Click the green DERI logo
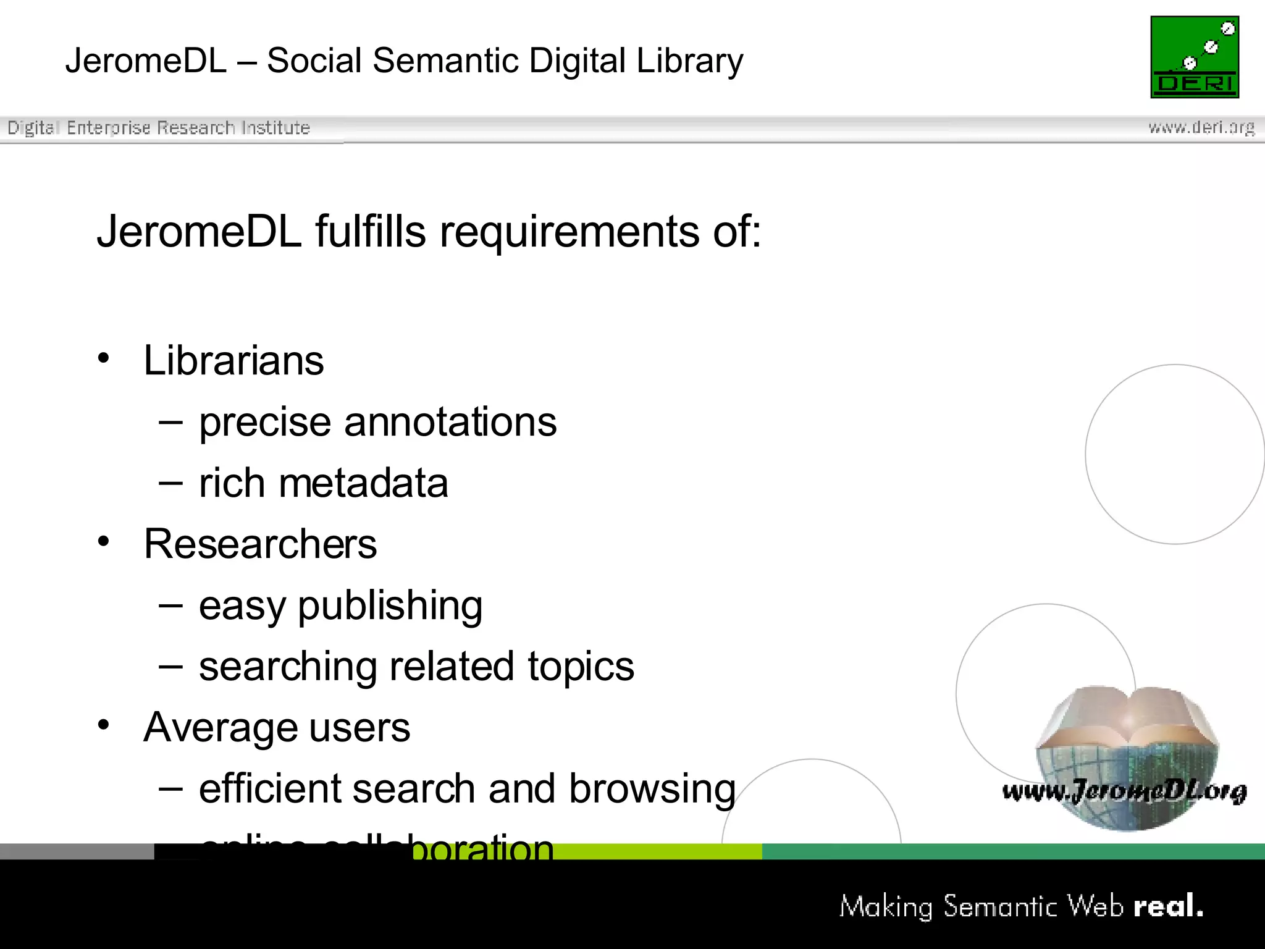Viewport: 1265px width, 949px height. pyautogui.click(x=1195, y=57)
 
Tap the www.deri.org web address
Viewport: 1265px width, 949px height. pyautogui.click(x=1201, y=128)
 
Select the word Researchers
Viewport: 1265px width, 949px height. pyautogui.click(x=260, y=544)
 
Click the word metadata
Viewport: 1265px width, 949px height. pyautogui.click(x=363, y=483)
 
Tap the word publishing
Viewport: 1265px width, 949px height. pyautogui.click(x=390, y=606)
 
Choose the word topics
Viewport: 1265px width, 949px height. pyautogui.click(x=581, y=667)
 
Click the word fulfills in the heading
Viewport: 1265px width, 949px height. pyautogui.click(x=371, y=232)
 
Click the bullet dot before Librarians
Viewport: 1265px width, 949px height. pyautogui.click(x=104, y=358)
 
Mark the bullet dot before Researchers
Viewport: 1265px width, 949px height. pyautogui.click(x=104, y=542)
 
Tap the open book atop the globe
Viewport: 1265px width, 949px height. pyautogui.click(x=1127, y=717)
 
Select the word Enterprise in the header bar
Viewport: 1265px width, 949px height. pyautogui.click(x=109, y=128)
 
